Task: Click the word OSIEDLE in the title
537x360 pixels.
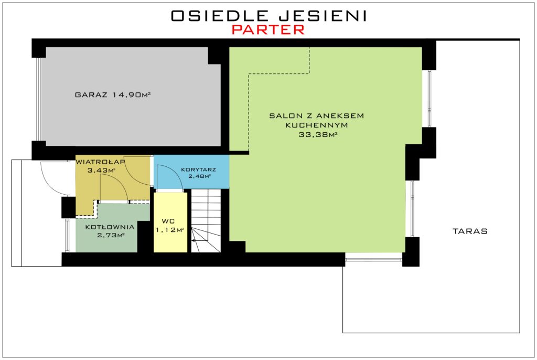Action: pos(219,16)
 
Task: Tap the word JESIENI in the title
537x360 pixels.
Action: pos(323,16)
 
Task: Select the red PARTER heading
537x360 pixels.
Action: pos(268,30)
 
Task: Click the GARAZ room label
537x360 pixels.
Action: pos(91,95)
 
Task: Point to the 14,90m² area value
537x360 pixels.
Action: pos(132,95)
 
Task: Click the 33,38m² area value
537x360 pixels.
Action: pos(318,135)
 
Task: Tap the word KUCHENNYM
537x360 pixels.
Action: pos(316,125)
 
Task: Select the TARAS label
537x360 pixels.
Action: pos(470,231)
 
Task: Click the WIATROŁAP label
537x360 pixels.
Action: pos(100,162)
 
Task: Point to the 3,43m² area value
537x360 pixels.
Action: pos(101,170)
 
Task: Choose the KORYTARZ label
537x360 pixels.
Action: pos(198,170)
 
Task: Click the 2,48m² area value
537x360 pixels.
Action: pos(199,176)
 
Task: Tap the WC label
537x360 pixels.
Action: pos(168,221)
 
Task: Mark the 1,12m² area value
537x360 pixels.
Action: pos(170,230)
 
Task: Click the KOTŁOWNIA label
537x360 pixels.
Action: pos(110,227)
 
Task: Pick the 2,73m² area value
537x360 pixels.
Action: pos(110,235)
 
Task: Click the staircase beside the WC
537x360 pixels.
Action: pos(206,220)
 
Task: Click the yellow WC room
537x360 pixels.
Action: pos(170,222)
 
